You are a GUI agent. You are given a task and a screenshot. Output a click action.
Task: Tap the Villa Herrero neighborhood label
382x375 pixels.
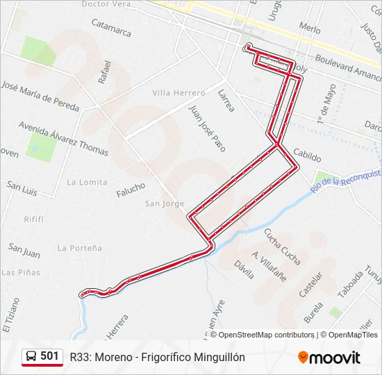178,93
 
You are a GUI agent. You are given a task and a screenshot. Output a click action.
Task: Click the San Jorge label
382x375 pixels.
165,203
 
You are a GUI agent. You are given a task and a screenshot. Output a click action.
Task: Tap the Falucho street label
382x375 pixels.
131,188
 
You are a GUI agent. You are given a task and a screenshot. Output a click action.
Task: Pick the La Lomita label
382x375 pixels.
87,182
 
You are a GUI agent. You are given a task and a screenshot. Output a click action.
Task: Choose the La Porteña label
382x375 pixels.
80,248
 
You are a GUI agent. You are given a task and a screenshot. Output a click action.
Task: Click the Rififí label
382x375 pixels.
34,219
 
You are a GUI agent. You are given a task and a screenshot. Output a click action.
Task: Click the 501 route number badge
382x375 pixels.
49,356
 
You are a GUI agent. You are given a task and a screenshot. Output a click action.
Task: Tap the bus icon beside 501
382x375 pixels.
31,357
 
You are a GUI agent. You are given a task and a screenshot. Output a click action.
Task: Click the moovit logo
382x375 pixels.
329,358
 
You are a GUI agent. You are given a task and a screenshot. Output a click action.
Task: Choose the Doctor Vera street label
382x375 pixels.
106,4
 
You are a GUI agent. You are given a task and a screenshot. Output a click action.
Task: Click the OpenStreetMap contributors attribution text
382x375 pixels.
266,335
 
